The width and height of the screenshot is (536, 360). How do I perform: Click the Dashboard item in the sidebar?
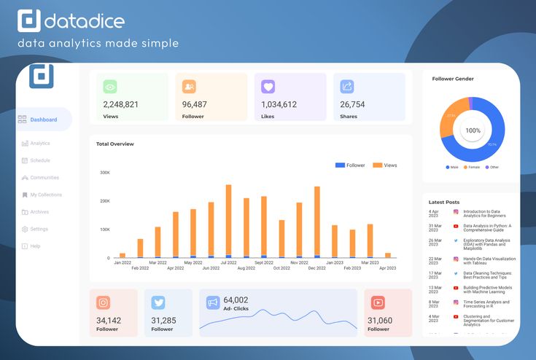coord(43,120)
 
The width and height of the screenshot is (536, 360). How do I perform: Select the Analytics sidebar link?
coord(39,144)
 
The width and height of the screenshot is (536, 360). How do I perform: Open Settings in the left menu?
coord(39,229)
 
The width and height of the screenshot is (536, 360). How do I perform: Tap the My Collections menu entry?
coord(45,195)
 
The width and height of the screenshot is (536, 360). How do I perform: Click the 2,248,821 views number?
coord(121,104)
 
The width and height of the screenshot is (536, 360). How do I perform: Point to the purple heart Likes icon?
coord(268,87)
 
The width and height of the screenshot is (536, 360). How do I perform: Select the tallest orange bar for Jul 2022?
coord(228,220)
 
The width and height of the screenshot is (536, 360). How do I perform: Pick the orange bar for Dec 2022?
coord(317,221)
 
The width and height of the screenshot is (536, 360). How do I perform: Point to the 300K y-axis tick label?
coord(104,173)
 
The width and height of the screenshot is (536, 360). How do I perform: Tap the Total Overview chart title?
coord(115,144)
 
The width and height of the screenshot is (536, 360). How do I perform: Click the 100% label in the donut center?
coord(473,130)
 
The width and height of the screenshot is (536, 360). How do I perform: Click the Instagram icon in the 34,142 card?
coord(104,302)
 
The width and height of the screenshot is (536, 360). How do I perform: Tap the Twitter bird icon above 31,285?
coord(158,302)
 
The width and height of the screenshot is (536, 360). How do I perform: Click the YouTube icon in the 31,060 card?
coord(378,302)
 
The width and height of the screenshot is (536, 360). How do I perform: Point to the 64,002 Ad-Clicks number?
coord(236,300)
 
